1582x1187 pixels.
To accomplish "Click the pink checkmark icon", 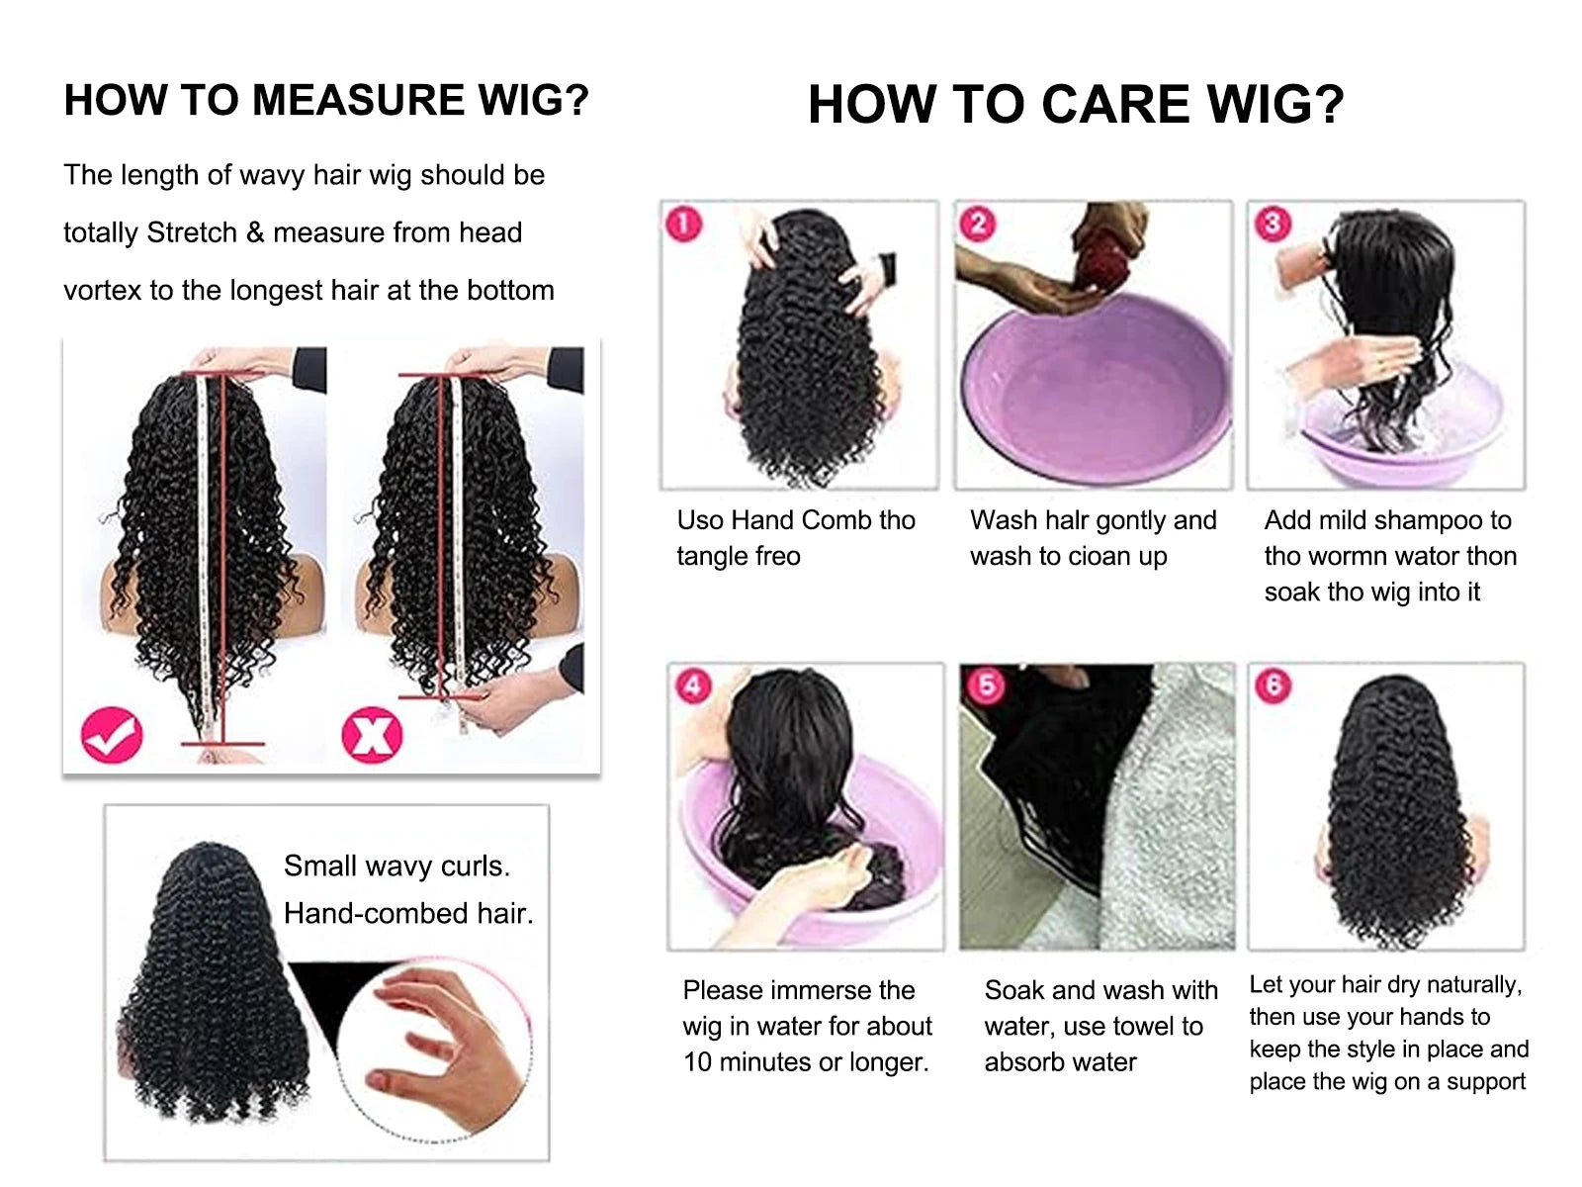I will (x=112, y=735).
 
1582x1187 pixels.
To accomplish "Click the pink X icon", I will (x=372, y=735).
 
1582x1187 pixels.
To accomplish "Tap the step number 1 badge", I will (x=684, y=224).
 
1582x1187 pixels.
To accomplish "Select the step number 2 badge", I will (x=978, y=224).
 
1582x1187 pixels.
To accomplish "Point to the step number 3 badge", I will (x=1272, y=224).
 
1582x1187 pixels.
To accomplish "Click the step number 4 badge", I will (x=692, y=685).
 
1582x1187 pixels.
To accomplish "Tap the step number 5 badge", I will (x=986, y=685).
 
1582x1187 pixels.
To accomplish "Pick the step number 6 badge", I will (x=1274, y=685).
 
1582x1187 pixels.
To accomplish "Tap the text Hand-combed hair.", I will (x=407, y=913).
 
